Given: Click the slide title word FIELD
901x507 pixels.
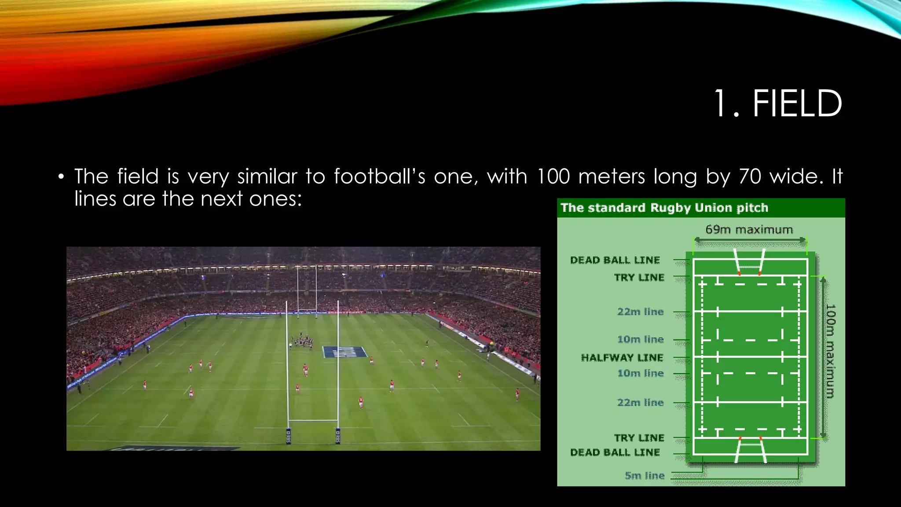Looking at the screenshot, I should pyautogui.click(x=797, y=104).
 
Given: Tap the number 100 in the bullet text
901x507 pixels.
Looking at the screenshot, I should pyautogui.click(x=554, y=176).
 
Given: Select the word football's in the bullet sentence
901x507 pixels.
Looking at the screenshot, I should pyautogui.click(x=379, y=176).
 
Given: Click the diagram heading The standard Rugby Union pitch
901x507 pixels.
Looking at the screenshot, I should pyautogui.click(x=664, y=208).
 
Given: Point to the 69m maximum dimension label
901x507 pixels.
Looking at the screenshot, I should pyautogui.click(x=749, y=230).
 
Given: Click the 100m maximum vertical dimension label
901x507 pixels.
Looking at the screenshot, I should pyautogui.click(x=830, y=351).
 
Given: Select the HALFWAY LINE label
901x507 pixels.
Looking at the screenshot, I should pyautogui.click(x=622, y=357).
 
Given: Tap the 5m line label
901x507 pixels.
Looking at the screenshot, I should pyautogui.click(x=645, y=475).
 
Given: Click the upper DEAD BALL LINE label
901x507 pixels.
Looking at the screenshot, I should pyautogui.click(x=615, y=260).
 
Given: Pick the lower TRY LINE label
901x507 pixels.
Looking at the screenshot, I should pyautogui.click(x=639, y=437).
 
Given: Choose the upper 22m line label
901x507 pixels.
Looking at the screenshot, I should pyautogui.click(x=640, y=312).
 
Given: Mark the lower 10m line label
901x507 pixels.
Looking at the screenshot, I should pyautogui.click(x=640, y=373).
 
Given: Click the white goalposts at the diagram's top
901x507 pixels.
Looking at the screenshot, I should pyautogui.click(x=749, y=262).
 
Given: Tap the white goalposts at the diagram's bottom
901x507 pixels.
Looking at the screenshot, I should pyautogui.click(x=750, y=450).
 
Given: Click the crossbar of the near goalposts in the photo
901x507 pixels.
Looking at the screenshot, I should pyautogui.click(x=313, y=421).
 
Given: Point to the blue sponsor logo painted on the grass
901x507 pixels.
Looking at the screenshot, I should pyautogui.click(x=344, y=352).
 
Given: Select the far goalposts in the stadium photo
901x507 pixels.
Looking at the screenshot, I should pyautogui.click(x=307, y=290).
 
